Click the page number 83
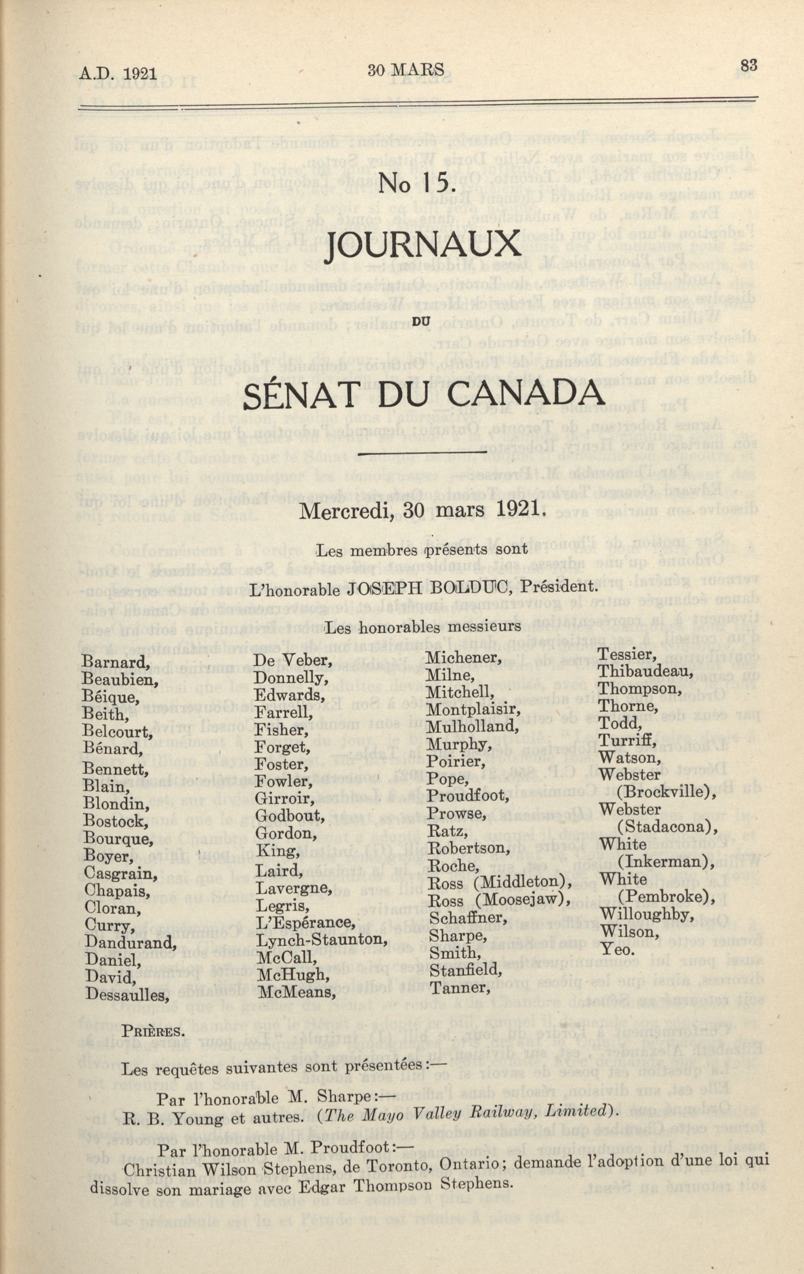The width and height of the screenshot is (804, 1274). [x=749, y=66]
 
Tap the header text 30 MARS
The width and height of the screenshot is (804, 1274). [x=406, y=70]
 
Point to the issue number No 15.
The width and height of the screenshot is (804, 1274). [x=418, y=182]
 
